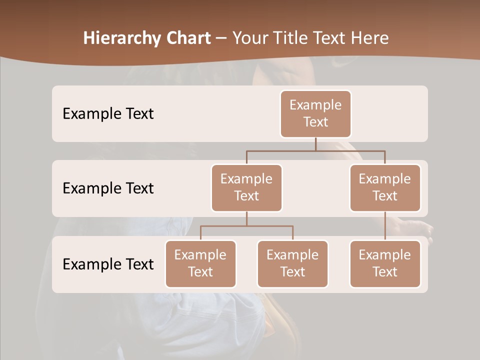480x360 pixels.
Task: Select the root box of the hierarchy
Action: pyautogui.click(x=315, y=114)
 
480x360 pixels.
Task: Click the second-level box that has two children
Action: pyautogui.click(x=246, y=188)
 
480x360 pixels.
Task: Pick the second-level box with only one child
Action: pyautogui.click(x=385, y=188)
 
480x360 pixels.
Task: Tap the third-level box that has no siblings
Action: pyautogui.click(x=385, y=264)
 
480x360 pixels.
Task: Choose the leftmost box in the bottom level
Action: pyautogui.click(x=200, y=264)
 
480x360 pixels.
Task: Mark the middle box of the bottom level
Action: pyautogui.click(x=292, y=264)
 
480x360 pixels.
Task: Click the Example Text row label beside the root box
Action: pyautogui.click(x=108, y=114)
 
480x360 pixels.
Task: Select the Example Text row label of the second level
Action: pyautogui.click(x=108, y=188)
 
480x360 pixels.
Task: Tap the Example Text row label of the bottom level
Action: pyautogui.click(x=108, y=264)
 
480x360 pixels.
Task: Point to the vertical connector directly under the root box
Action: pyautogui.click(x=315, y=144)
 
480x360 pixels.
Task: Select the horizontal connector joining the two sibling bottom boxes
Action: pyautogui.click(x=246, y=226)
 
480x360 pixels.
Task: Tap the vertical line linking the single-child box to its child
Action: pyautogui.click(x=385, y=226)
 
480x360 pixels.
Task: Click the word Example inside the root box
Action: pyautogui.click(x=315, y=105)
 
